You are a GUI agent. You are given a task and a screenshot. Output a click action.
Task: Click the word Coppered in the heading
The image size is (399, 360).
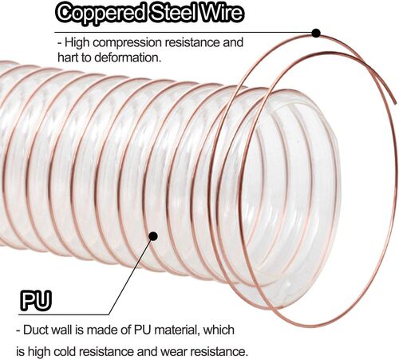click(x=101, y=14)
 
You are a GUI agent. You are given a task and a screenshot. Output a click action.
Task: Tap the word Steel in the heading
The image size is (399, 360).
click(x=173, y=13)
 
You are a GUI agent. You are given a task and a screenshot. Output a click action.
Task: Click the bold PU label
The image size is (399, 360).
click(x=36, y=301)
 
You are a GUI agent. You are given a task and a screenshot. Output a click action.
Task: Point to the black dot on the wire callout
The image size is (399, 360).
click(x=316, y=33)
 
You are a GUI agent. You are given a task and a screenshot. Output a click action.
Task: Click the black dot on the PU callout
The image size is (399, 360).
click(x=153, y=236)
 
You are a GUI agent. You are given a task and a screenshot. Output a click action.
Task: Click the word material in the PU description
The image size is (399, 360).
click(x=176, y=330)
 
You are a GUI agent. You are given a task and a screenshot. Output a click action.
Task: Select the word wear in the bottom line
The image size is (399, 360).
click(x=174, y=352)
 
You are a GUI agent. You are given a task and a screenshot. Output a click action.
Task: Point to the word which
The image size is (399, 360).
click(x=219, y=330)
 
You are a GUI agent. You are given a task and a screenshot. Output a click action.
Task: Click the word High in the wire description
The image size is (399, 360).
click(x=77, y=43)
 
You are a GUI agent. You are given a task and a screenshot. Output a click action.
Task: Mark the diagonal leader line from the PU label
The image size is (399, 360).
click(x=131, y=275)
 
